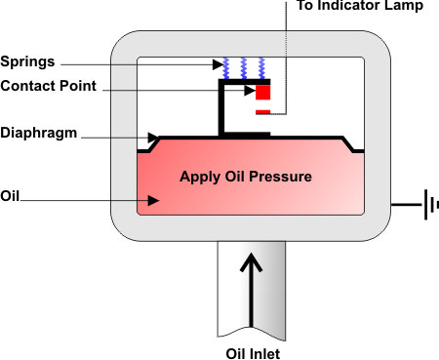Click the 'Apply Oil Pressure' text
pos(245,178)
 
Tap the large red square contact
pos(262,93)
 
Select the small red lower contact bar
pos(262,113)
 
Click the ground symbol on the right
pos(427,206)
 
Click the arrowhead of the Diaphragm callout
pos(154,138)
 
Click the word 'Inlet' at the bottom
pos(265,350)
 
